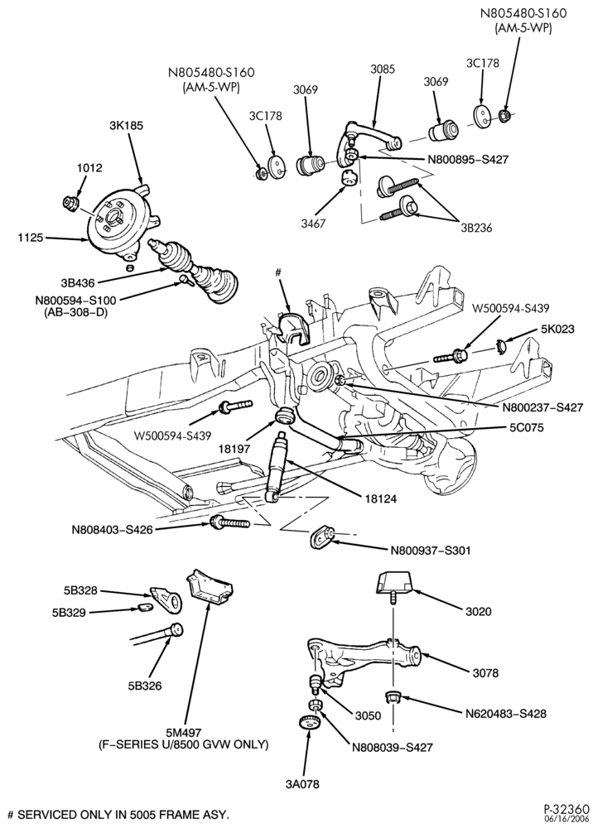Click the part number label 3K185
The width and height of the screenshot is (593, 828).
click(x=126, y=126)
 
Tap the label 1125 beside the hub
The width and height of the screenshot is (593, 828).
click(x=30, y=238)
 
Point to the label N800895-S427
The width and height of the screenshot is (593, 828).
click(x=468, y=159)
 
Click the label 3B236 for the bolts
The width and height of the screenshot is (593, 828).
click(x=475, y=229)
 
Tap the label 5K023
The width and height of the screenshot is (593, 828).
click(x=557, y=329)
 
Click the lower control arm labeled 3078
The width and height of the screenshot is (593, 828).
click(x=364, y=659)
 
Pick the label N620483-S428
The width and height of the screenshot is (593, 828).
click(x=506, y=714)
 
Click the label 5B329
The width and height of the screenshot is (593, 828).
click(x=69, y=612)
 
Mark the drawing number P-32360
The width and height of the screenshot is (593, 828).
click(x=565, y=809)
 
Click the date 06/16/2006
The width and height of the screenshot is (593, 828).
click(x=570, y=820)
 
